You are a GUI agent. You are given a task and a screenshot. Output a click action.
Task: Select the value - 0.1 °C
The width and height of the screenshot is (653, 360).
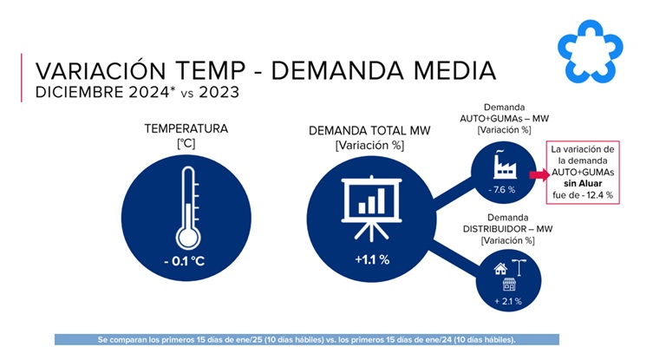[x=186, y=261]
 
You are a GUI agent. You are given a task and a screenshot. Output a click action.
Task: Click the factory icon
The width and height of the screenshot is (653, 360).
[x=503, y=164]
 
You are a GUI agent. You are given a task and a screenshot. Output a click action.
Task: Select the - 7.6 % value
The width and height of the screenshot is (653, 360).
[x=502, y=189]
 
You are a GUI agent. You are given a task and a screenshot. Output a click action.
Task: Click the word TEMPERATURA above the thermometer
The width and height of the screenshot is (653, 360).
[x=186, y=128]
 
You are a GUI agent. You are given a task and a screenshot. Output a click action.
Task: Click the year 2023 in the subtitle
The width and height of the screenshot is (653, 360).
[x=216, y=90]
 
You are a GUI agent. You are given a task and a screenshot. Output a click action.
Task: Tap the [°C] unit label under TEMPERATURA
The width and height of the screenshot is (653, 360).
[x=186, y=143]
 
